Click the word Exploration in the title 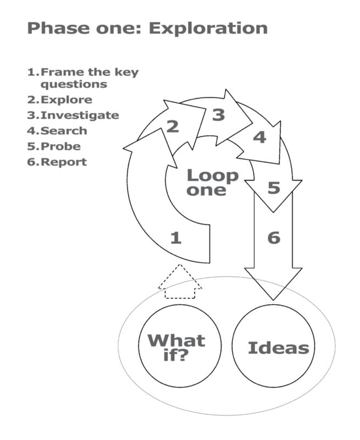tap(208, 29)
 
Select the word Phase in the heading tap(59, 28)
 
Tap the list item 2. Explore tap(59, 100)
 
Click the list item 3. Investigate tap(73, 116)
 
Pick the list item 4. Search tap(57, 131)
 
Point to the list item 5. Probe tap(54, 146)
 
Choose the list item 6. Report tap(57, 162)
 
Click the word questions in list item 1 tap(74, 85)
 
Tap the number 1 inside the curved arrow tap(176, 238)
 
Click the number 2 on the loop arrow tap(173, 127)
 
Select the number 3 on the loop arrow tap(219, 115)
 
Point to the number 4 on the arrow tap(259, 137)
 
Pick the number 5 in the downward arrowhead tap(274, 188)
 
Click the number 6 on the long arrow tap(274, 238)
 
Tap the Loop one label tap(212, 183)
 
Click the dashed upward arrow tap(180, 282)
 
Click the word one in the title tap(119, 29)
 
